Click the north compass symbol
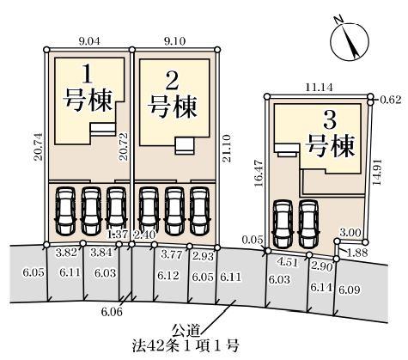click(x=350, y=41)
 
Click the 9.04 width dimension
click(x=89, y=41)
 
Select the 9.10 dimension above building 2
click(x=174, y=41)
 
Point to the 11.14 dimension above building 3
click(x=319, y=88)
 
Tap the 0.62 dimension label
click(x=391, y=100)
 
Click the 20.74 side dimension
click(x=39, y=147)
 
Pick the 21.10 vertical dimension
click(x=227, y=149)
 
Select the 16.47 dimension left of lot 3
click(x=259, y=173)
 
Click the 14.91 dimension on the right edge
click(x=377, y=172)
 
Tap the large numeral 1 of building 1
click(x=88, y=74)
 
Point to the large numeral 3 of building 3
click(x=330, y=121)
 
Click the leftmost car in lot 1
click(x=65, y=211)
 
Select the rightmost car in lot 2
click(x=200, y=211)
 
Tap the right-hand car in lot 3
click(x=308, y=223)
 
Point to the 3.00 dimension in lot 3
click(x=350, y=233)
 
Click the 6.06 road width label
click(x=112, y=312)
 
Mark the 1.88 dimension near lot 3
click(x=356, y=253)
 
